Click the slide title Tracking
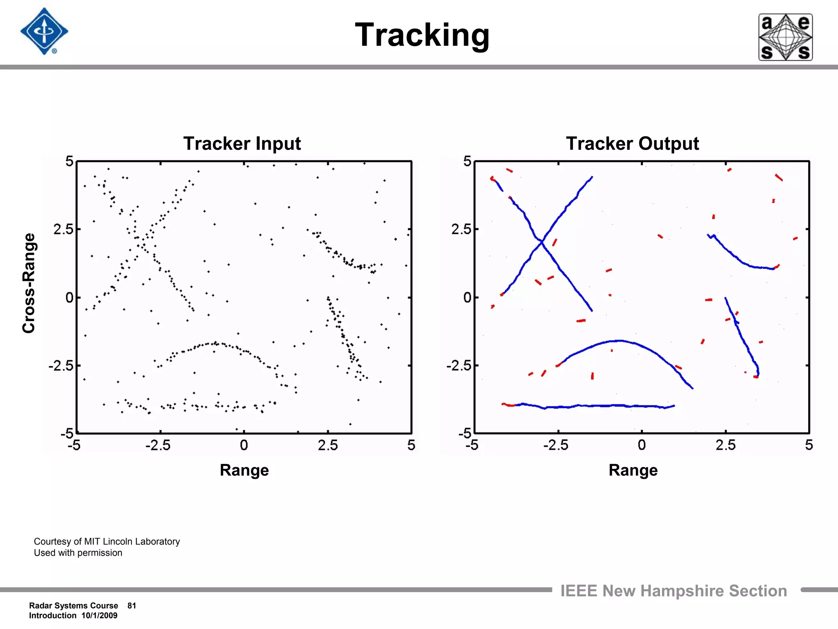pyautogui.click(x=422, y=35)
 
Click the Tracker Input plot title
pyautogui.click(x=242, y=144)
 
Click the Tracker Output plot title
pyautogui.click(x=632, y=144)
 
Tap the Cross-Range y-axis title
pyautogui.click(x=29, y=283)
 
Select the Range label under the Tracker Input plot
pyautogui.click(x=244, y=470)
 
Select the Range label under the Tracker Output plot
pyautogui.click(x=633, y=470)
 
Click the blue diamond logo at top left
pyautogui.click(x=44, y=32)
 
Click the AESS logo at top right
pyautogui.click(x=785, y=37)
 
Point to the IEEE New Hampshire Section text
pyautogui.click(x=674, y=591)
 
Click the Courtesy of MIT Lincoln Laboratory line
pyautogui.click(x=107, y=541)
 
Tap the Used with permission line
pyautogui.click(x=78, y=553)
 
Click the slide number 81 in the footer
pyautogui.click(x=132, y=606)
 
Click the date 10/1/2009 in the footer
pyautogui.click(x=99, y=615)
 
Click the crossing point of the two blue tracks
pyautogui.click(x=542, y=242)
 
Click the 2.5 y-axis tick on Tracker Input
pyautogui.click(x=63, y=229)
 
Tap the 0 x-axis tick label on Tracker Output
pyautogui.click(x=642, y=445)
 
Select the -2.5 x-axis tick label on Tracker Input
pyautogui.click(x=158, y=445)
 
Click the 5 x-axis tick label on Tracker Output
pyautogui.click(x=809, y=445)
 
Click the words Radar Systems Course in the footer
pyautogui.click(x=74, y=606)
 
